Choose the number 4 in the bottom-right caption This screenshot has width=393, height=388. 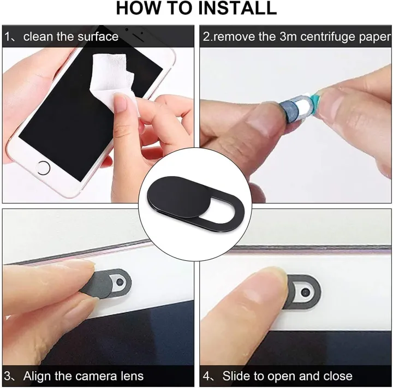[207, 376]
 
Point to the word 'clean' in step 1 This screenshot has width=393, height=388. [38, 37]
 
